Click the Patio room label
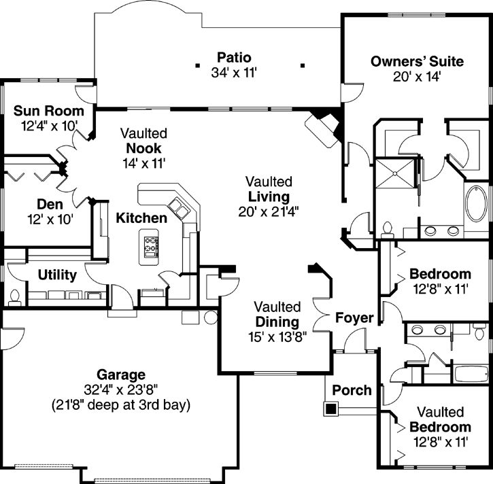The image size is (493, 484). click(234, 57)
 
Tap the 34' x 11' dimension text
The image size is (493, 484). click(234, 71)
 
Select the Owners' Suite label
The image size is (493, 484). click(417, 62)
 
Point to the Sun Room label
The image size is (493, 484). click(49, 111)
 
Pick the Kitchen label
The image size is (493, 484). click(141, 218)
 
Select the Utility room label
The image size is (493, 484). click(57, 275)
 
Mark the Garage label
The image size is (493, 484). click(120, 375)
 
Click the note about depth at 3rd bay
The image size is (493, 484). click(120, 404)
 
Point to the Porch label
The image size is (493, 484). click(352, 390)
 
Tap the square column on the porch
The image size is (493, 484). click(331, 409)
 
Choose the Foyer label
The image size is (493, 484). click(354, 317)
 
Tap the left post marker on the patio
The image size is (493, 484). click(197, 66)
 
